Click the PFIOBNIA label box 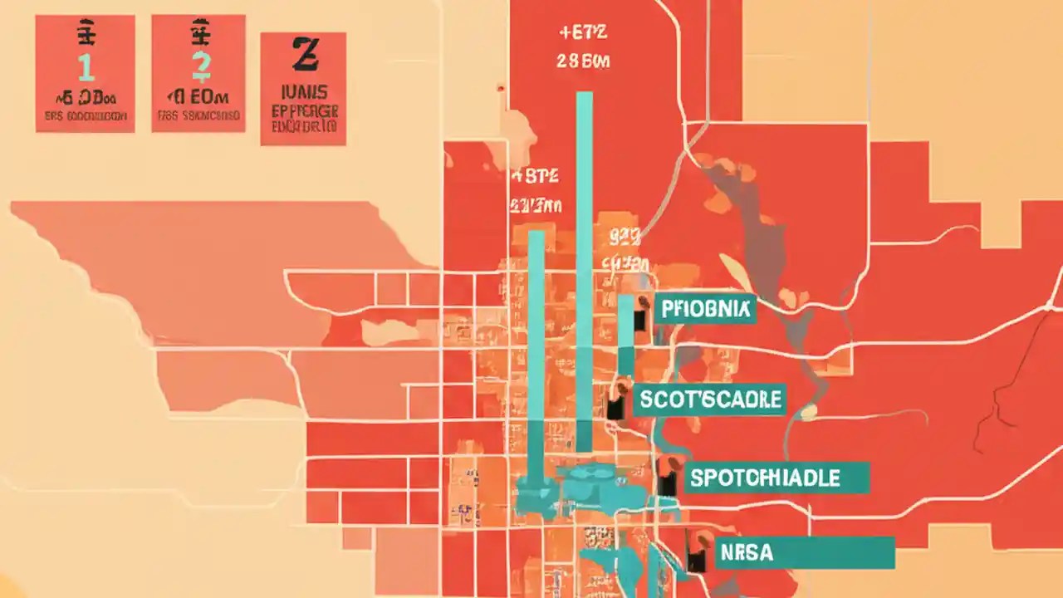point(705,309)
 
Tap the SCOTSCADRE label point(711,399)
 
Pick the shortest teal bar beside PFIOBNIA point(625,332)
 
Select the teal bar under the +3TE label point(536,349)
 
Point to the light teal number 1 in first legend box point(86,67)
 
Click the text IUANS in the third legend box point(304,92)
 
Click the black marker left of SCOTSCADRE point(615,408)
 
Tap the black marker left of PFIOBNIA point(640,321)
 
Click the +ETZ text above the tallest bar point(585,34)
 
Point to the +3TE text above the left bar point(536,176)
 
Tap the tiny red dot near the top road point(500,86)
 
